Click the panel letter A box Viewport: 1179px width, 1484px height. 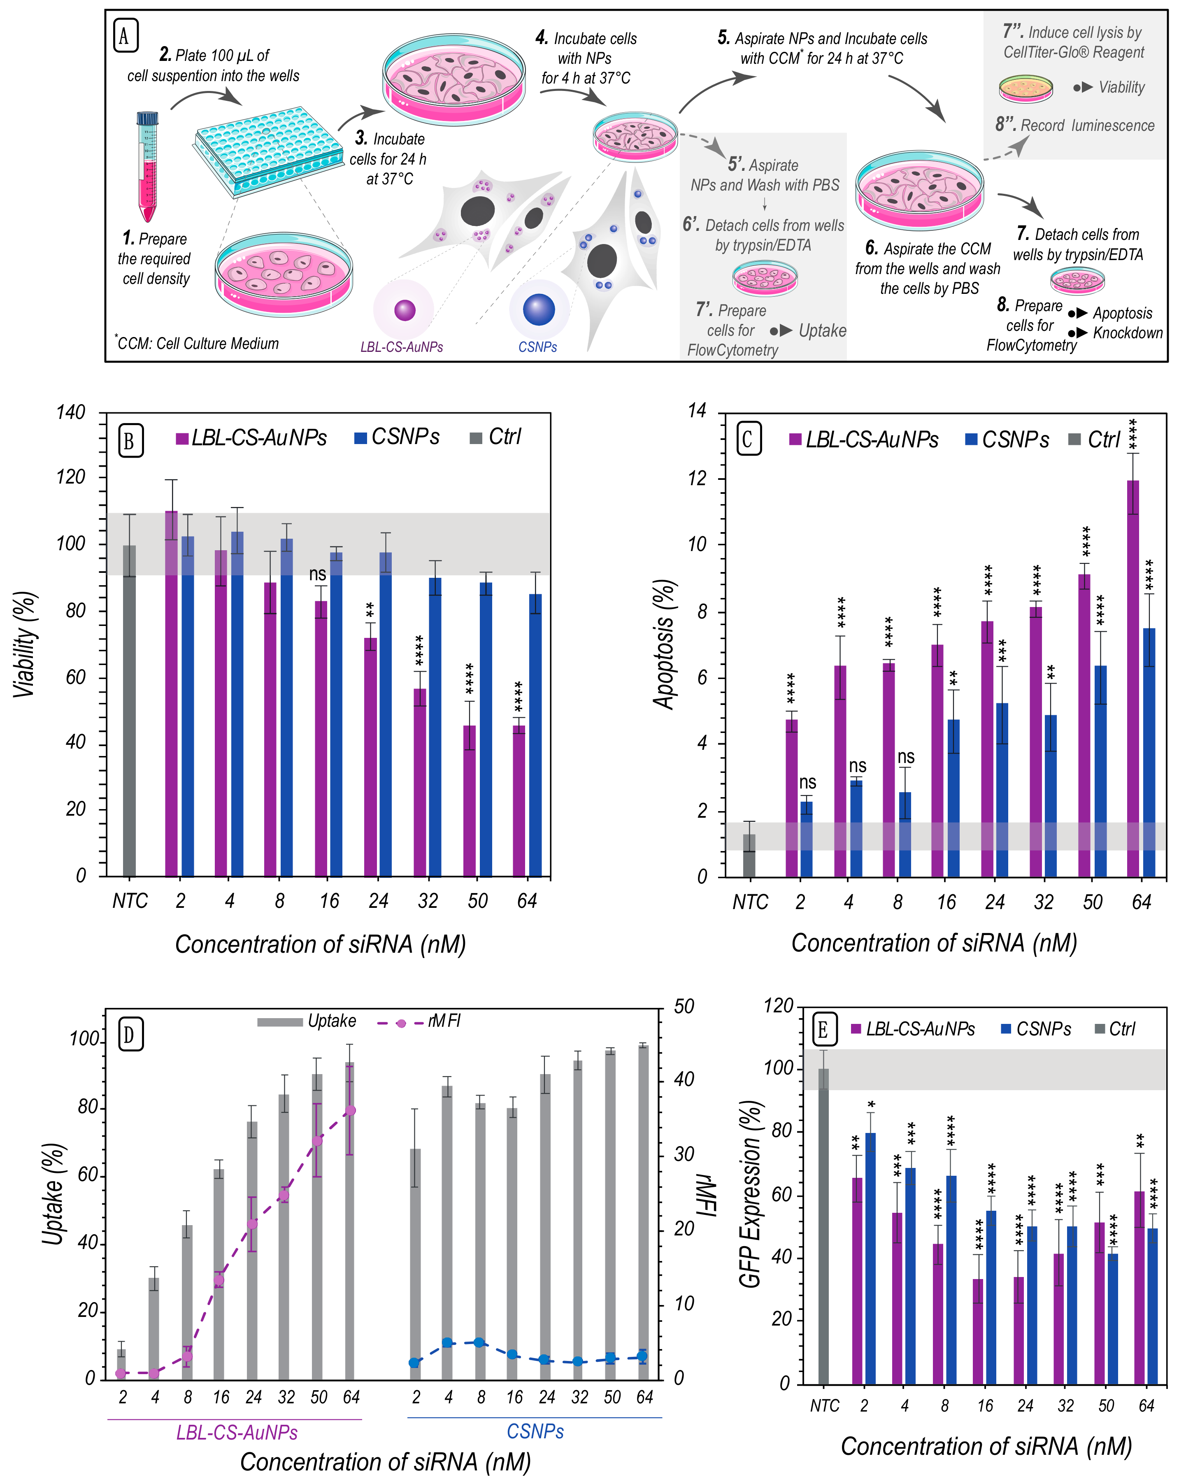pyautogui.click(x=125, y=36)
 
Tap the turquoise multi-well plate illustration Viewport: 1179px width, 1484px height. pyautogui.click(x=268, y=148)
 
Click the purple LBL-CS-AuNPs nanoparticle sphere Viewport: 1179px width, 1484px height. pyautogui.click(x=405, y=310)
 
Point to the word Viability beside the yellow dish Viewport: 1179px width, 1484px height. pyautogui.click(x=1121, y=87)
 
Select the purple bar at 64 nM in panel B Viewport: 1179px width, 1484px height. pyautogui.click(x=519, y=800)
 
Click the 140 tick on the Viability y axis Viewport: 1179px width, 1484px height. pyautogui.click(x=71, y=413)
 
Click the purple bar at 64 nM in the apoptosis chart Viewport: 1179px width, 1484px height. pyautogui.click(x=1132, y=678)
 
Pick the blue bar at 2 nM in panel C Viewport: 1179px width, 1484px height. pyautogui.click(x=806, y=838)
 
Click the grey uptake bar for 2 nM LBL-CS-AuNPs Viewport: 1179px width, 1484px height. pyautogui.click(x=121, y=1363)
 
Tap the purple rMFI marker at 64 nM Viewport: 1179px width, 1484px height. pyautogui.click(x=350, y=1111)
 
